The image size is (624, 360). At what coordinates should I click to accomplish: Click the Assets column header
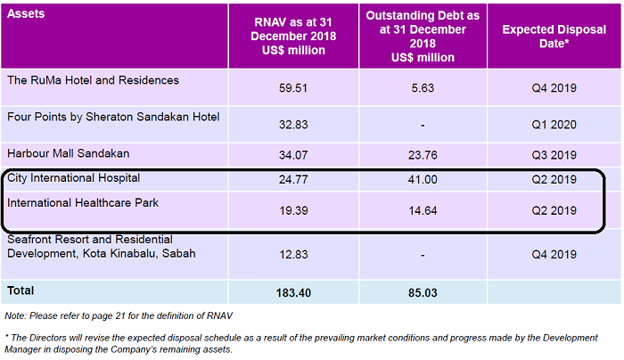click(26, 15)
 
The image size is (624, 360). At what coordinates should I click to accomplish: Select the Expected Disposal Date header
click(554, 36)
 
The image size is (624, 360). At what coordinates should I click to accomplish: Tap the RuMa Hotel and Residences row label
click(93, 80)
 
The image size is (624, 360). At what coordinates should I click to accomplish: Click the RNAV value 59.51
click(293, 88)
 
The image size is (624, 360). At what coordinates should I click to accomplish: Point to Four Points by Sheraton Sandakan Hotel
click(113, 117)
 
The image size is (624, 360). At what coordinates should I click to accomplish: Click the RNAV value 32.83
click(293, 124)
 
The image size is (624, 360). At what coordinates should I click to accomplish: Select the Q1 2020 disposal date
click(554, 124)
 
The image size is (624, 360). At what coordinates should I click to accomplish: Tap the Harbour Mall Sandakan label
click(69, 152)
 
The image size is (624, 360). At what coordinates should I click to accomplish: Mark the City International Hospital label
click(73, 178)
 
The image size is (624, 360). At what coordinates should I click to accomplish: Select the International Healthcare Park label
click(82, 203)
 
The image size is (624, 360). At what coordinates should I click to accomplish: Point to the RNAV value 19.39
click(293, 211)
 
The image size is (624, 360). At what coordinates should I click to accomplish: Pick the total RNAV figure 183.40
click(293, 292)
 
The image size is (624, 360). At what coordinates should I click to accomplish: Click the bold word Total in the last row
click(21, 290)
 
